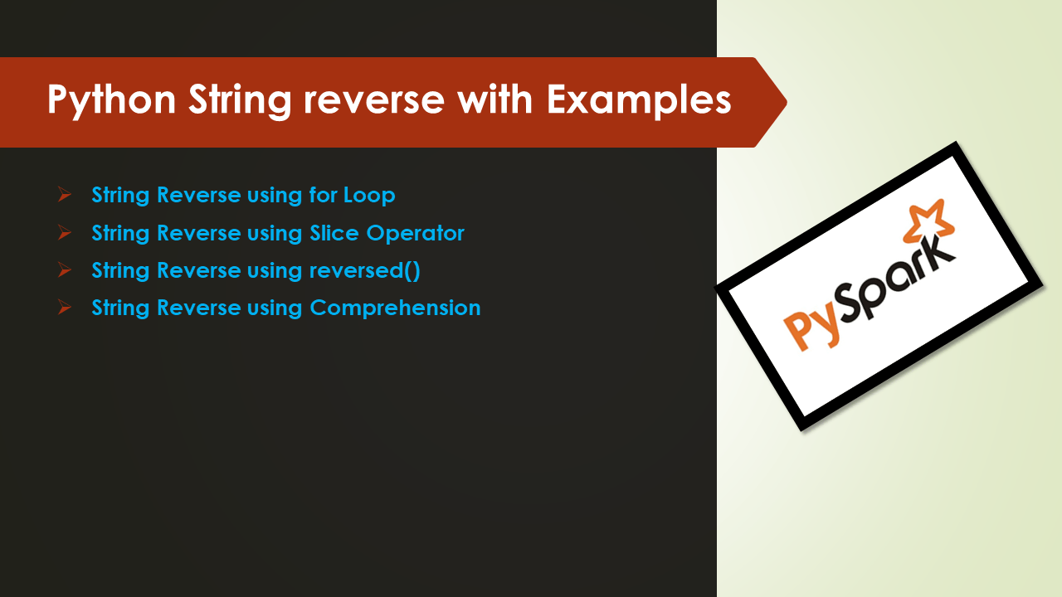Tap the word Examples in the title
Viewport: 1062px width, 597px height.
638,100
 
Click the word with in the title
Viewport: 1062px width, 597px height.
494,100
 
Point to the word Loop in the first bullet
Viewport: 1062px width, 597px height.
369,196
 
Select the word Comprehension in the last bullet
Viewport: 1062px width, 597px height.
395,308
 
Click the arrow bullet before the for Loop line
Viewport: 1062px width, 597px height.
65,196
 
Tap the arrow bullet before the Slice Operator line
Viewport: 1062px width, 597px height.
65,233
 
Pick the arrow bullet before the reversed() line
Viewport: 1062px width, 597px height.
65,270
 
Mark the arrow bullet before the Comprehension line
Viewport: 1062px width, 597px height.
65,308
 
